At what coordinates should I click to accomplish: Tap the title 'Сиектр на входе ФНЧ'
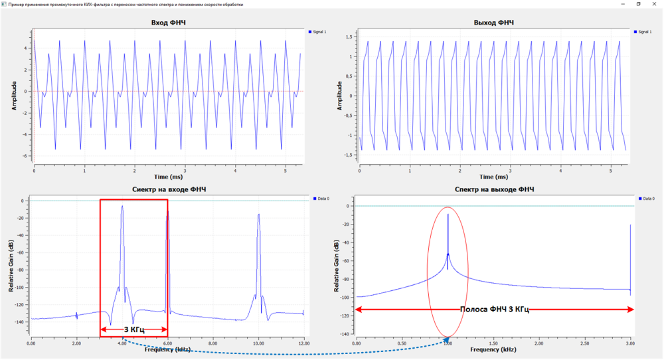[x=169, y=190]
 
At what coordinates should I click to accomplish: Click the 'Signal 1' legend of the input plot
[x=321, y=31]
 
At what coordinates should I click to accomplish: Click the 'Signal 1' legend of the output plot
[x=643, y=31]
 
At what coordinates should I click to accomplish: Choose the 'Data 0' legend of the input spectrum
[x=321, y=198]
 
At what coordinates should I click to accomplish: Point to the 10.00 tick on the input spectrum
[x=259, y=342]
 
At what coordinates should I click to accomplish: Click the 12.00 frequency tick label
[x=303, y=342]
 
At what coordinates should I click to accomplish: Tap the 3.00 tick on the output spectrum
[x=630, y=342]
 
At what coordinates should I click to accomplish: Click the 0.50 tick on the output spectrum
[x=402, y=342]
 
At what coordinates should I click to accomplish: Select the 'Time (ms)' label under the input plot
[x=168, y=177]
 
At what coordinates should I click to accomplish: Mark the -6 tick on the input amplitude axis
[x=25, y=156]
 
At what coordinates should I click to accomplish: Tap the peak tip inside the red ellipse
[x=448, y=214]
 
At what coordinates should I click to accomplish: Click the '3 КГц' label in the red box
[x=133, y=329]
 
